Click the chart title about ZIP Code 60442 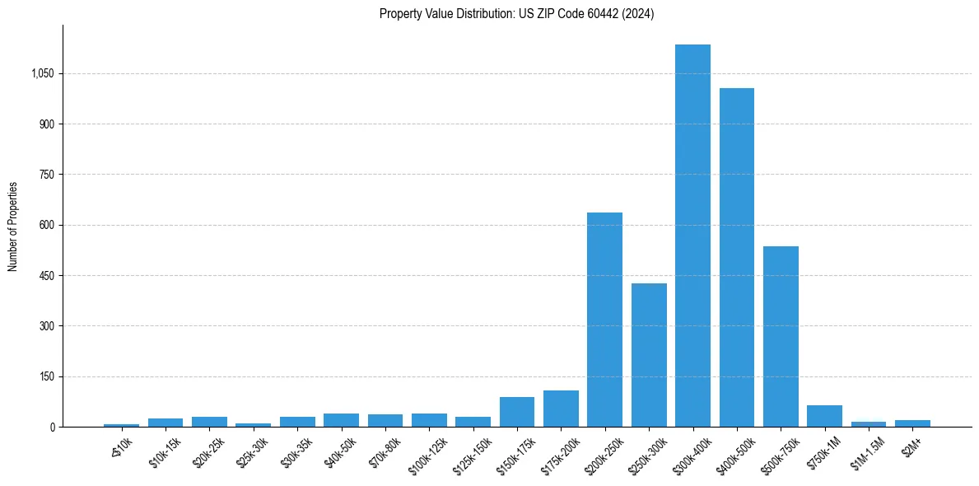516,14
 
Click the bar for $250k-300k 649,355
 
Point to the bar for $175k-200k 561,409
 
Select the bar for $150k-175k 517,412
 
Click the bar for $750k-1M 824,416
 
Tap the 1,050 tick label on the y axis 42,74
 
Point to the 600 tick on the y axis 46,226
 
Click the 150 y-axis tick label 46,376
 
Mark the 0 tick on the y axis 51,428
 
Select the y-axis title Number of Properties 13,226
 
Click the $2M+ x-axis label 911,448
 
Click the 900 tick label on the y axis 46,124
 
